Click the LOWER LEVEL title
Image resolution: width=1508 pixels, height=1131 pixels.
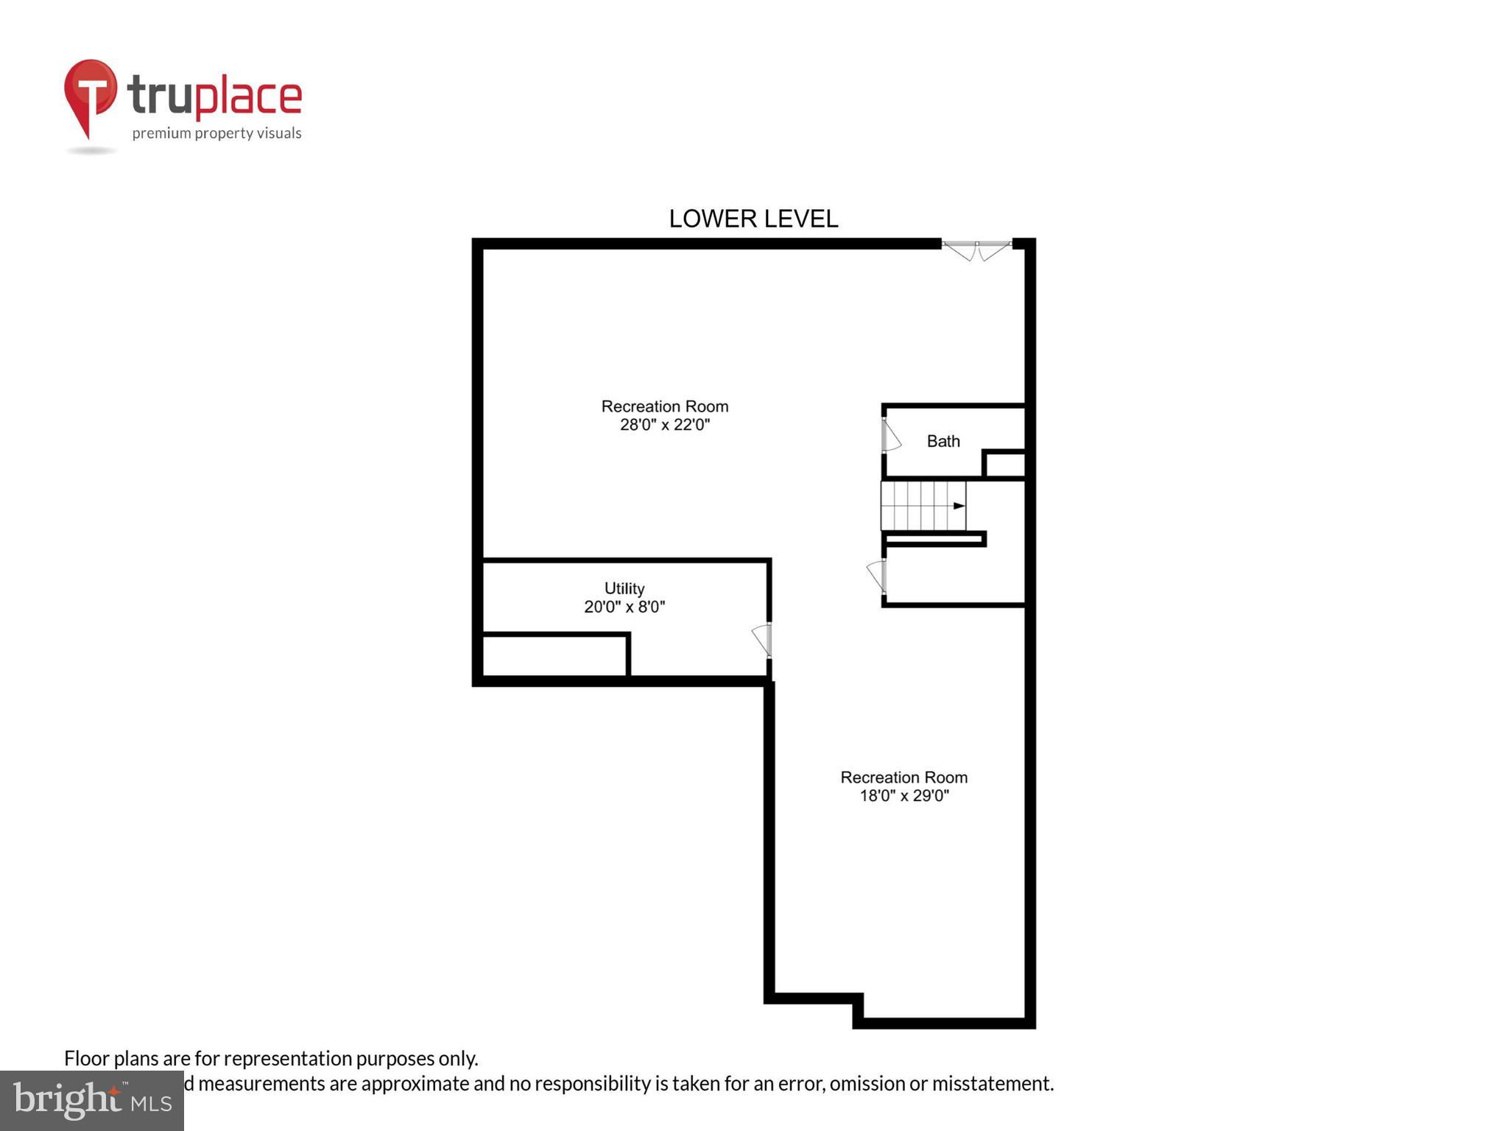[753, 219]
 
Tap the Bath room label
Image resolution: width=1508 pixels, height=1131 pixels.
[943, 441]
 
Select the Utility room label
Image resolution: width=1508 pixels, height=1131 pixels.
[624, 588]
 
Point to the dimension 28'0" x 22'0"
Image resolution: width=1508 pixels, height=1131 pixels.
[665, 425]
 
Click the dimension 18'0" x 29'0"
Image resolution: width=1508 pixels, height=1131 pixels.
[904, 796]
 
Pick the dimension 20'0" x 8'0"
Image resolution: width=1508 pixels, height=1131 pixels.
[624, 607]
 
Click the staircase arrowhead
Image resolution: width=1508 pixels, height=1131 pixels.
[959, 506]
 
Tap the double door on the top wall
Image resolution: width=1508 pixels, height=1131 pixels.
[976, 249]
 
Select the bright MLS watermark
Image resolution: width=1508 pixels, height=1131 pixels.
[92, 1100]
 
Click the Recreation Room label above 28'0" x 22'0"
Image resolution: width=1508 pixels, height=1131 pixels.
[665, 406]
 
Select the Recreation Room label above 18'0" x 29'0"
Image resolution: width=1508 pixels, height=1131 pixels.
[904, 778]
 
